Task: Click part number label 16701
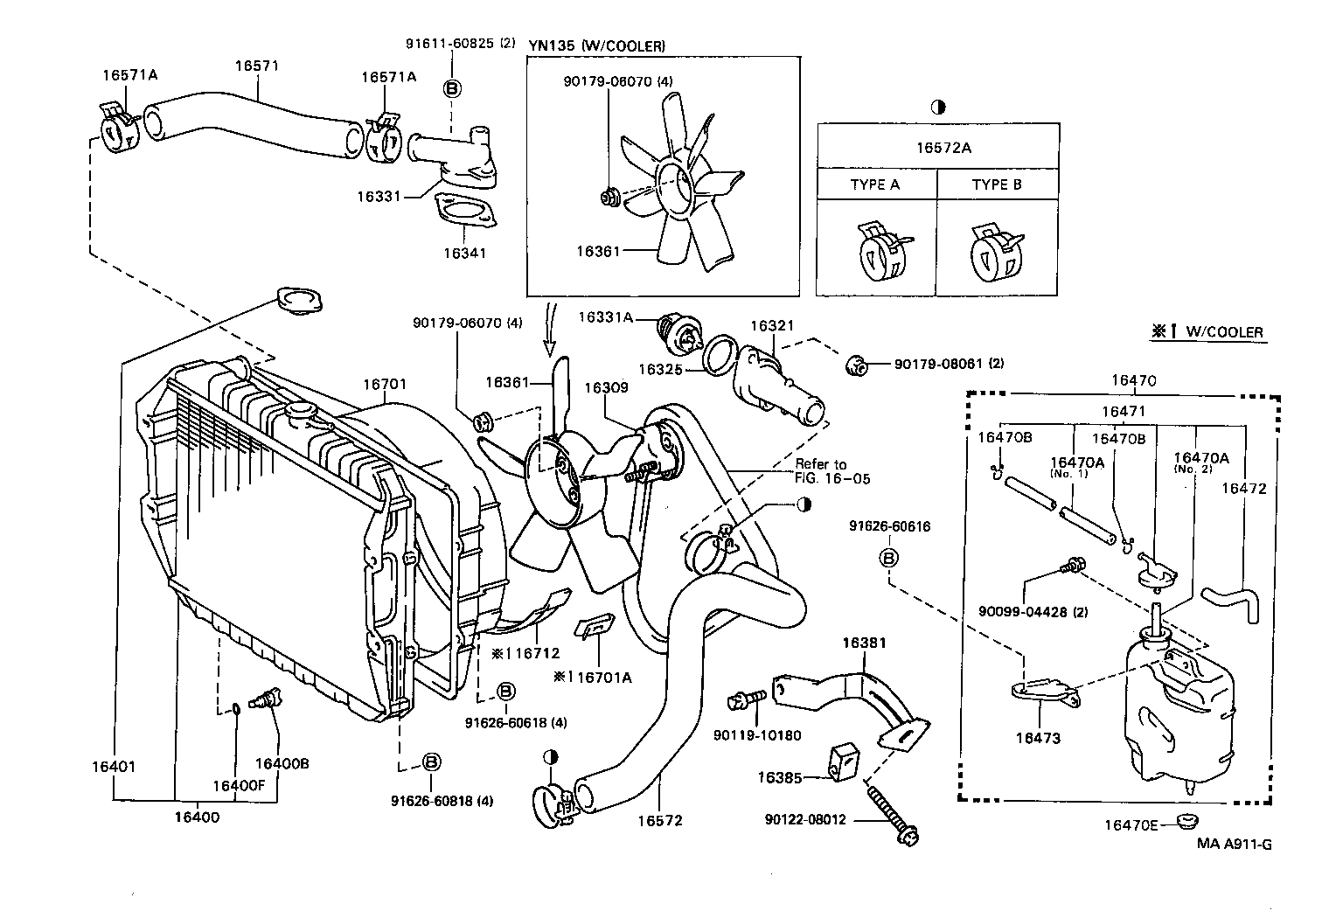[x=385, y=384]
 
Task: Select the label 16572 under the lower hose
[x=659, y=821]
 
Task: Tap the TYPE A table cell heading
[x=874, y=185]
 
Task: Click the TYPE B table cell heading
[x=997, y=185]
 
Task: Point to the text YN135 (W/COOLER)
[x=597, y=45]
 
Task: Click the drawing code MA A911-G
[x=1235, y=845]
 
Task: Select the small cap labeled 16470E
[x=1186, y=822]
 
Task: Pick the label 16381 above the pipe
[x=864, y=643]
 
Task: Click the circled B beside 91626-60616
[x=888, y=558]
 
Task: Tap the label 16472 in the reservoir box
[x=1243, y=489]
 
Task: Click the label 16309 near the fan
[x=606, y=387]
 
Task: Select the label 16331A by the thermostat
[x=605, y=317]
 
